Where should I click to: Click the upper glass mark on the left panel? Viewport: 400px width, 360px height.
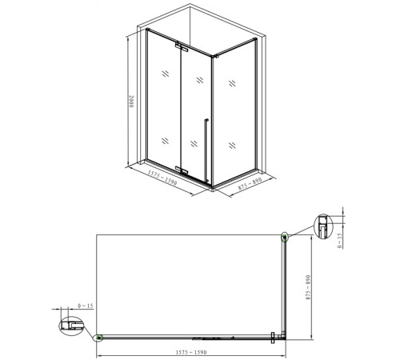click(164, 74)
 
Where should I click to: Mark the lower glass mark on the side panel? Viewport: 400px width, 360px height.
click(233, 144)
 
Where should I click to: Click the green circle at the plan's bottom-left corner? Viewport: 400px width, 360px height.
click(99, 337)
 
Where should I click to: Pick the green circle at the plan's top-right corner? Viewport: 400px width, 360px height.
click(285, 236)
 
